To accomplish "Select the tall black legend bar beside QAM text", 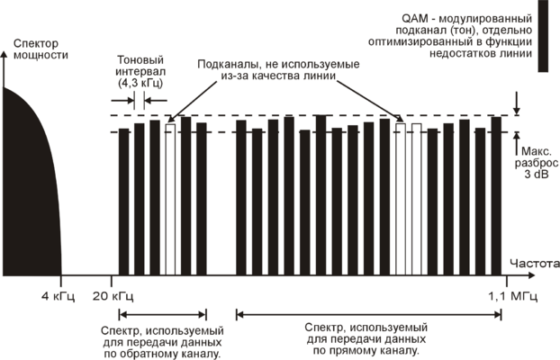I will pos(544,36).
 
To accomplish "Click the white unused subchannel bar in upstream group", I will pos(170,198).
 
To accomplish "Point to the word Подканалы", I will pos(230,66).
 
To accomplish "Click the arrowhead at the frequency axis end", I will pos(546,274).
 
